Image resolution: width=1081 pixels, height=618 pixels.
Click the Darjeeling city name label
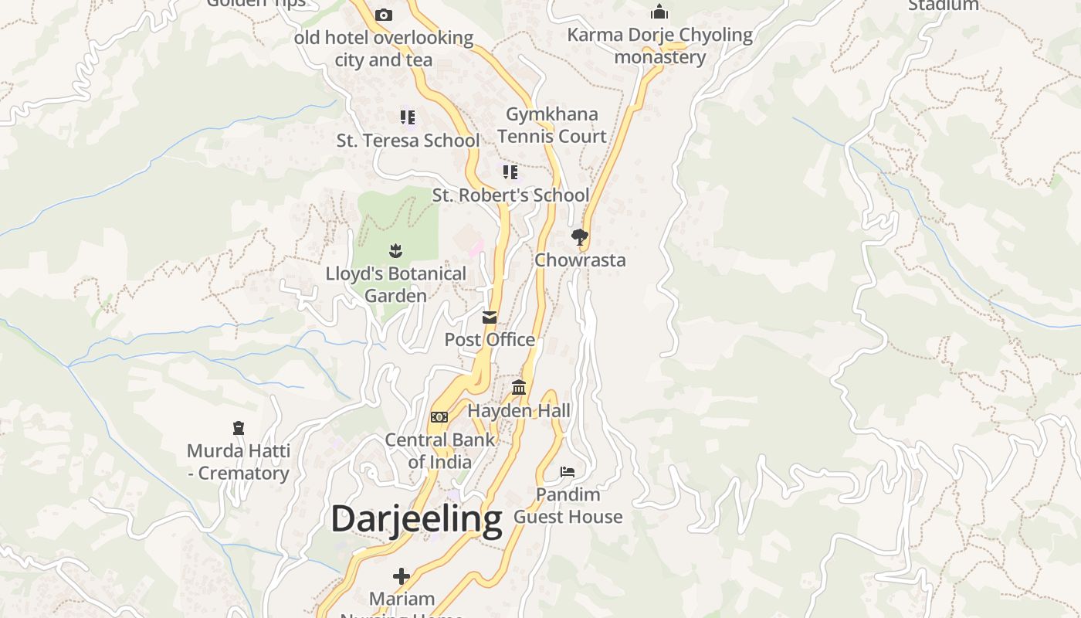416,519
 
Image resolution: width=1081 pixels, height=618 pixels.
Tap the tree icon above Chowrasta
580,236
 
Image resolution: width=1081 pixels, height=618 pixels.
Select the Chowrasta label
580,260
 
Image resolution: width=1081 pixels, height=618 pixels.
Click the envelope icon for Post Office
490,317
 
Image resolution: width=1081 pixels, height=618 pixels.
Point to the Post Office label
490,340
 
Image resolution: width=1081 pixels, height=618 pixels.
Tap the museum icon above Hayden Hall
519,387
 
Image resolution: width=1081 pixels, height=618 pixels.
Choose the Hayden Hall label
519,410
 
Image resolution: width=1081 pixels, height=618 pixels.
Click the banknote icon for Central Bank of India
439,417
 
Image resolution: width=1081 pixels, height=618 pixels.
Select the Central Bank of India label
439,450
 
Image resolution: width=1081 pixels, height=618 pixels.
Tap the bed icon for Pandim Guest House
568,471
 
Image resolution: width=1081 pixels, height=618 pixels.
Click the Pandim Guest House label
568,505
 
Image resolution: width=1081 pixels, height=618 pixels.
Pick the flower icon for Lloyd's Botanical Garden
395,250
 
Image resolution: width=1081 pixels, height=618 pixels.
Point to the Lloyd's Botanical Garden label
395,284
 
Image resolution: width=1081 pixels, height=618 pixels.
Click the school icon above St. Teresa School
408,117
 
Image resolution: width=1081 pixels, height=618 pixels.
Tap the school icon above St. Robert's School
510,171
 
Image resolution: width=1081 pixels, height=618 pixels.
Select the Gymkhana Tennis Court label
552,125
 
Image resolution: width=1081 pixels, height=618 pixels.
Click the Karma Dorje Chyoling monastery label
660,46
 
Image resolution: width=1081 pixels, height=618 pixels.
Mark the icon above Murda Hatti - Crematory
238,428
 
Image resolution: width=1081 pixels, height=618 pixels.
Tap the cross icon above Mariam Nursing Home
402,576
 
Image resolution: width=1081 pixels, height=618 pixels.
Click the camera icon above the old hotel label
384,15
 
